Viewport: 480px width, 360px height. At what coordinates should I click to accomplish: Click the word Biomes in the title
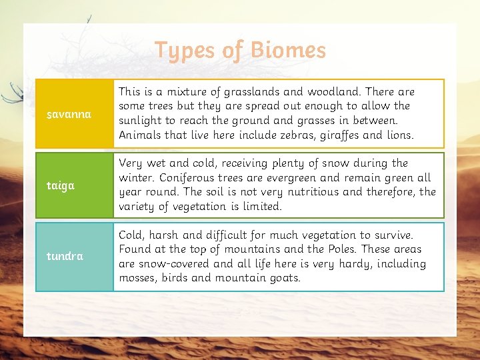pyautogui.click(x=288, y=50)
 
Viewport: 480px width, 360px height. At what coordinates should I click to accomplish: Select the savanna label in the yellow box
pyautogui.click(x=69, y=114)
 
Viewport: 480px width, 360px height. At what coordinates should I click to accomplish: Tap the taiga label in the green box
pyautogui.click(x=61, y=185)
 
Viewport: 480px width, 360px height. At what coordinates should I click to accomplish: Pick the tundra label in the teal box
pyautogui.click(x=65, y=256)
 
